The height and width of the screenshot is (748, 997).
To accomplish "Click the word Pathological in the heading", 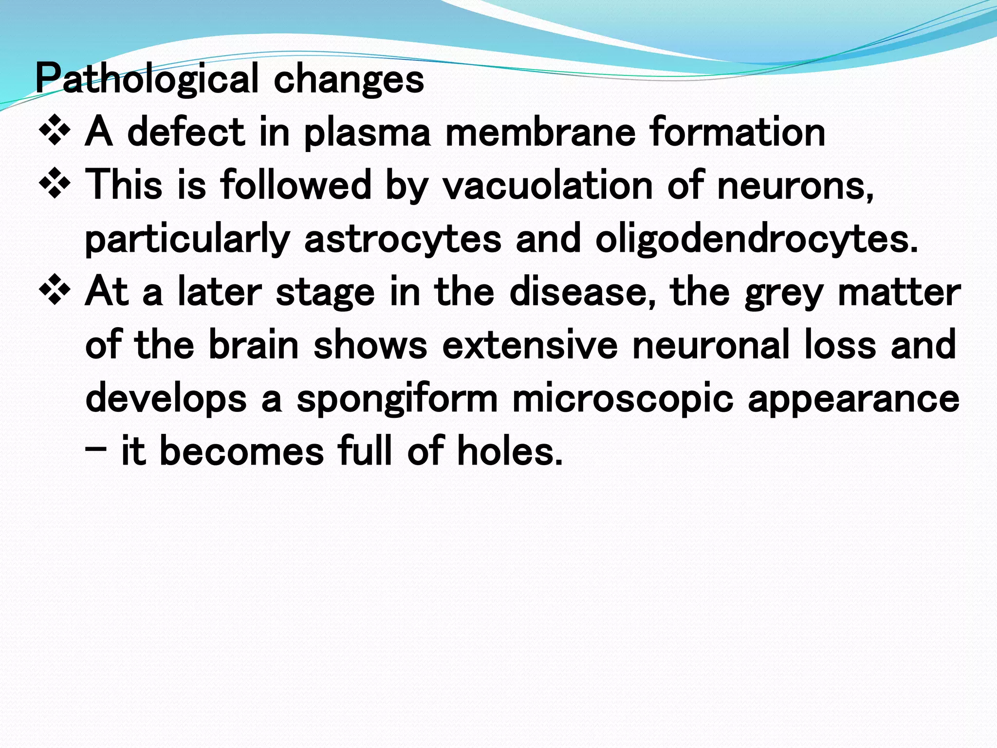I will click(147, 79).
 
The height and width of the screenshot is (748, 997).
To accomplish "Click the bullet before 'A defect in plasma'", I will click(55, 131).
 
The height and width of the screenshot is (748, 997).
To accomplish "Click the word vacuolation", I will click(547, 185).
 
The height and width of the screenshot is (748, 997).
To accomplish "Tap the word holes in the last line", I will click(509, 451).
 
